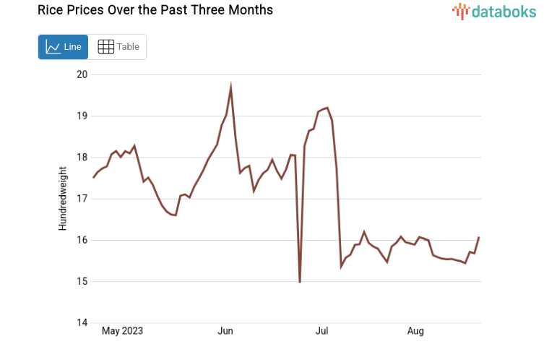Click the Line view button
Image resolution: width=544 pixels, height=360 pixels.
(63, 47)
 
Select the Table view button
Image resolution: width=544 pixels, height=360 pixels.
(118, 47)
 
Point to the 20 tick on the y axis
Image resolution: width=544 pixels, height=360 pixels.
(82, 74)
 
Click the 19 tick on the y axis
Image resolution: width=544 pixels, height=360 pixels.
(82, 116)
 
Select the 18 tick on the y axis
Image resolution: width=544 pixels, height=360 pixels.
(82, 158)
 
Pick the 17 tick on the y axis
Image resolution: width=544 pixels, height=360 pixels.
(82, 199)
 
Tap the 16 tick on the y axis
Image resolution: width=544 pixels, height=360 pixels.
(82, 240)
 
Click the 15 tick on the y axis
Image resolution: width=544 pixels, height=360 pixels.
(82, 281)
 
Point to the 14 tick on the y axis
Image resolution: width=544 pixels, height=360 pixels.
(82, 323)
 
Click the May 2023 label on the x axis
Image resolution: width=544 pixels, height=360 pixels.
(122, 331)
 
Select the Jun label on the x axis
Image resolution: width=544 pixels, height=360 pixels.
(225, 331)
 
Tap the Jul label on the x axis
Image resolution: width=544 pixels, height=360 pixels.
(322, 331)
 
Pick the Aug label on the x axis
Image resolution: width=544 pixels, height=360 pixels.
(415, 331)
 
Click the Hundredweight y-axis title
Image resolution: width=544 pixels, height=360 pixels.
(63, 199)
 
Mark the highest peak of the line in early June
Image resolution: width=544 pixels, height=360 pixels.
(230, 88)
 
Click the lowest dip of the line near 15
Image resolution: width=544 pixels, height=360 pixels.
(300, 281)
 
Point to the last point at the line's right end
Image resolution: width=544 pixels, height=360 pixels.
(479, 238)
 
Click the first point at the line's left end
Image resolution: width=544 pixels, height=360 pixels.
(93, 177)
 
